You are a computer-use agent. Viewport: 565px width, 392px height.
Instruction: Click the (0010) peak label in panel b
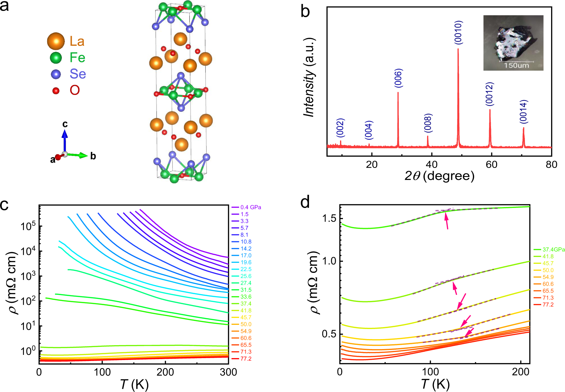458,32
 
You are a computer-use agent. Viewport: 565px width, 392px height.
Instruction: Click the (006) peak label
398,78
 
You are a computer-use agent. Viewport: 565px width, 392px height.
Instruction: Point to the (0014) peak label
524,111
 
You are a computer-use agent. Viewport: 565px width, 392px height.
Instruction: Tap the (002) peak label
340,128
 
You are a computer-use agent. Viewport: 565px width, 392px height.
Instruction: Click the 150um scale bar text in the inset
516,66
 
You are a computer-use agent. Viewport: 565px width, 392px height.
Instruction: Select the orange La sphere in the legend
56,41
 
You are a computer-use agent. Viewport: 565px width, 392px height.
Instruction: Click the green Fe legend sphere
56,58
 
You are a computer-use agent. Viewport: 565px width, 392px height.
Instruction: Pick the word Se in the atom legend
78,74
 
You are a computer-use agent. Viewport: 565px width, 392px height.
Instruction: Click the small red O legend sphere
56,91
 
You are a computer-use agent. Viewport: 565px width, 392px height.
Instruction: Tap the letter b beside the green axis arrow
93,156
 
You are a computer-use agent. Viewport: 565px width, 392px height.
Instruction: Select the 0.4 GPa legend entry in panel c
251,207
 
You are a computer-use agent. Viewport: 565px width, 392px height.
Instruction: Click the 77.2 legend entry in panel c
246,359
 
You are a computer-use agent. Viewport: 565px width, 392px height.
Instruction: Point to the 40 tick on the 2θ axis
432,165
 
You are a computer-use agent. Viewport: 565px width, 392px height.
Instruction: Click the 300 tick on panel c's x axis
229,372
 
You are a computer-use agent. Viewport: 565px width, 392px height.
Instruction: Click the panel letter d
305,202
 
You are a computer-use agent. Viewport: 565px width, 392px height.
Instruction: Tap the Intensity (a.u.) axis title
309,77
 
